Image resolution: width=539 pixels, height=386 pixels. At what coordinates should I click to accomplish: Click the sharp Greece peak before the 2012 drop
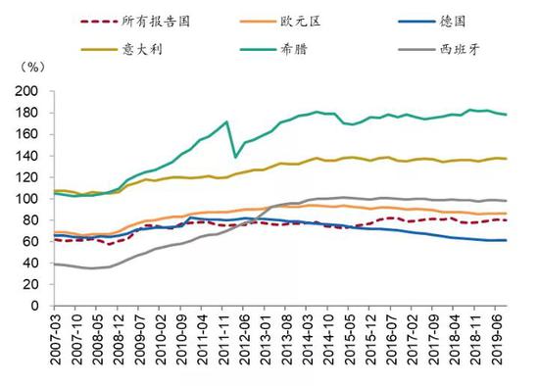click(x=227, y=121)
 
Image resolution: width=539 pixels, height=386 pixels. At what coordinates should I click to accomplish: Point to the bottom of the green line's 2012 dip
click(x=235, y=157)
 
